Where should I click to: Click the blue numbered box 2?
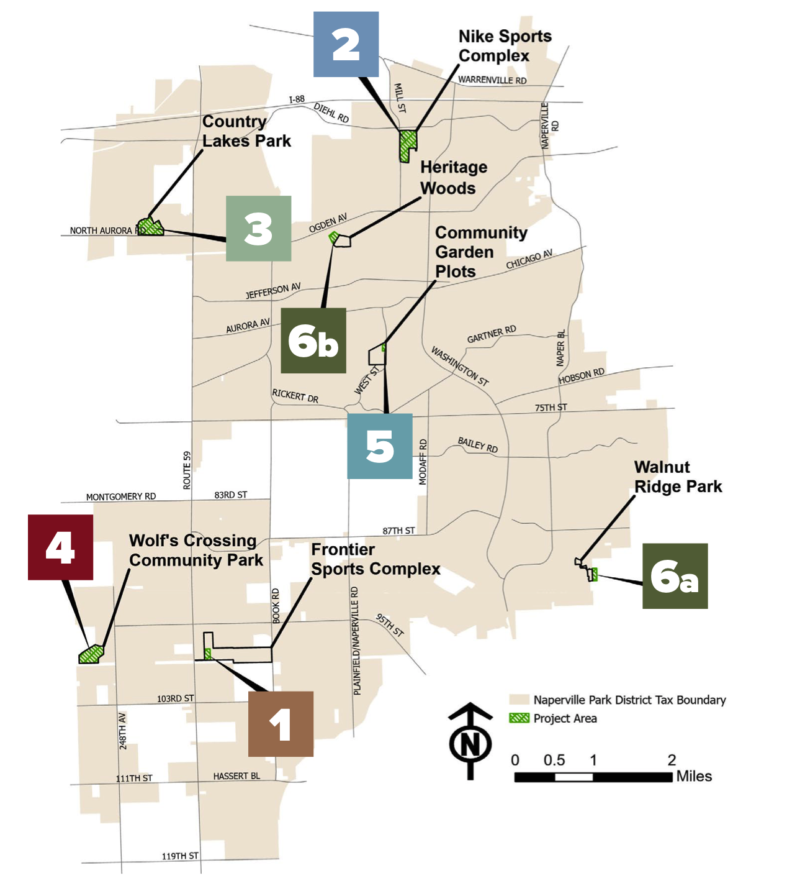pyautogui.click(x=346, y=44)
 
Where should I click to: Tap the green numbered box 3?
pyautogui.click(x=258, y=228)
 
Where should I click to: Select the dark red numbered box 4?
pyautogui.click(x=60, y=547)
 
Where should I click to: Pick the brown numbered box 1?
pyautogui.click(x=281, y=724)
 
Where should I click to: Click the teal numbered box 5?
pyautogui.click(x=379, y=445)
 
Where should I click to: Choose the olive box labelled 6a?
pyautogui.click(x=675, y=576)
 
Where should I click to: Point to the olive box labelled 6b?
pyautogui.click(x=313, y=340)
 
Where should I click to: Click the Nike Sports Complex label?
pyautogui.click(x=505, y=46)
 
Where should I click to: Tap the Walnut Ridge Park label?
pyautogui.click(x=678, y=477)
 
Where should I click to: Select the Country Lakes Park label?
pyautogui.click(x=246, y=131)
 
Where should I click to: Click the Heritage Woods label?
pyautogui.click(x=454, y=178)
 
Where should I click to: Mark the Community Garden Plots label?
pyautogui.click(x=481, y=252)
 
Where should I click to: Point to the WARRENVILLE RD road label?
pyautogui.click(x=492, y=80)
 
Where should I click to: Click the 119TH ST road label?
pyautogui.click(x=180, y=856)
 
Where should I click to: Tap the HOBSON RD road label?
pyautogui.click(x=581, y=376)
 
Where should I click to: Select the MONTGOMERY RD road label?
pyautogui.click(x=121, y=496)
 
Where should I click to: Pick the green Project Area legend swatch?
pyautogui.click(x=519, y=718)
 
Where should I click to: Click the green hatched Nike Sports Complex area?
pyautogui.click(x=407, y=145)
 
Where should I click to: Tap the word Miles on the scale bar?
pyautogui.click(x=694, y=776)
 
